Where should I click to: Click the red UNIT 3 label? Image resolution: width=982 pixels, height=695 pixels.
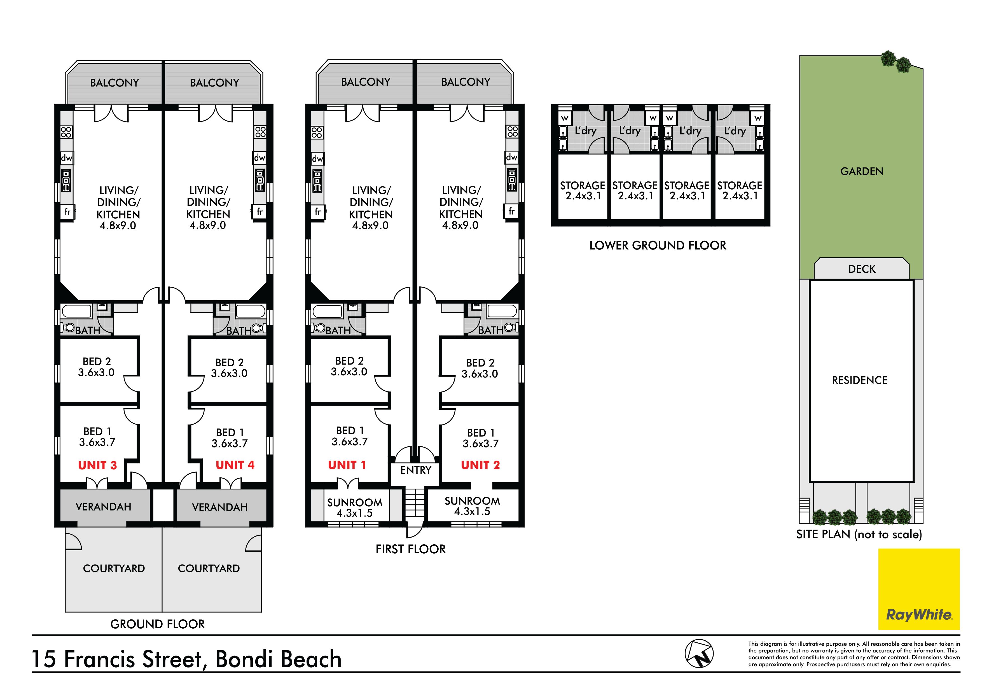[x=97, y=466]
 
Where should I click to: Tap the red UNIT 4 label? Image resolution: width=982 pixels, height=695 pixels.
[x=235, y=465]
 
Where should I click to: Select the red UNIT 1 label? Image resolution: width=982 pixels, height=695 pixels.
[x=347, y=465]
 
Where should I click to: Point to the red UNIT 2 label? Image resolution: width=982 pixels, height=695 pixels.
[x=480, y=465]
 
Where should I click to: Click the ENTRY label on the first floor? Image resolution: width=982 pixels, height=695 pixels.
[x=416, y=470]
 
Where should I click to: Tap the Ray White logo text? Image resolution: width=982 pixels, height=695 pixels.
[x=919, y=615]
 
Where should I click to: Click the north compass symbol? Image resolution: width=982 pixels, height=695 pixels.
[x=699, y=654]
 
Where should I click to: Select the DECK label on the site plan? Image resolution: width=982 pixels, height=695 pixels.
[x=862, y=269]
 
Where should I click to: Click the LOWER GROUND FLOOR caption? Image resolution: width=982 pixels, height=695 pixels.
[x=658, y=245]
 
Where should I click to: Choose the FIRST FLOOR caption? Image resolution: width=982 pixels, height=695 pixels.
[x=411, y=549]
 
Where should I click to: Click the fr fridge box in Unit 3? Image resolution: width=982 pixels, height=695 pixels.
[x=67, y=212]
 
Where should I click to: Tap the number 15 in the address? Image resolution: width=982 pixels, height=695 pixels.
[x=44, y=659]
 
